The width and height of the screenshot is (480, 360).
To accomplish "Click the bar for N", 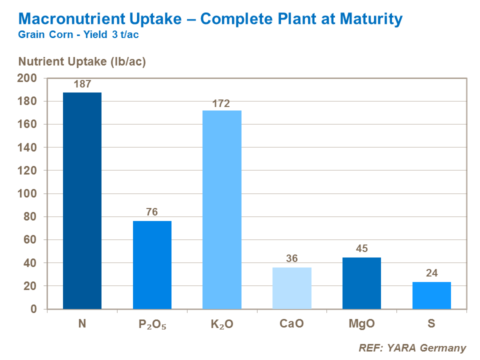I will point(82,200).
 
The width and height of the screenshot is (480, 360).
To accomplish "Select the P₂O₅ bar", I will point(152,265).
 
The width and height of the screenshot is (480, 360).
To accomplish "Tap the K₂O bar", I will point(222,209).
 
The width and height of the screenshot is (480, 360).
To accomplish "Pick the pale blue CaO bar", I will point(292,288).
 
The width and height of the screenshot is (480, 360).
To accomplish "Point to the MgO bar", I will point(361,283).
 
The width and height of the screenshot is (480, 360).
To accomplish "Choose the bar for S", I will point(431,295).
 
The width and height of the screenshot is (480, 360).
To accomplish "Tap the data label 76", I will point(152,212).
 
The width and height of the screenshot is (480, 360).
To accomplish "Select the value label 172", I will point(221,104).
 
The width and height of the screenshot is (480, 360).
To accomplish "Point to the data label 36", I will point(292,259).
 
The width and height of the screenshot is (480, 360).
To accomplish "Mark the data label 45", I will point(361,248).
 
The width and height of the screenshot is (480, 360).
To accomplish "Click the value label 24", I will point(431,273).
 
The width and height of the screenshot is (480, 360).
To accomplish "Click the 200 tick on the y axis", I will point(27,78).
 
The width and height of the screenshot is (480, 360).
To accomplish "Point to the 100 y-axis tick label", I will point(27,194).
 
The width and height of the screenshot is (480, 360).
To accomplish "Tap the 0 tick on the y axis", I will point(33,309).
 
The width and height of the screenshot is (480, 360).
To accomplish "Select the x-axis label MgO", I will point(361,324).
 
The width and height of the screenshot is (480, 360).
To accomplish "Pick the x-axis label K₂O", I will point(221,324).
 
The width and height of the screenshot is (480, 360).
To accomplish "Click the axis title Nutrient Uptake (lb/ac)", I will point(82,61).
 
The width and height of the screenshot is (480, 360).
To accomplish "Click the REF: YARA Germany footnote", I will point(412,348).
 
